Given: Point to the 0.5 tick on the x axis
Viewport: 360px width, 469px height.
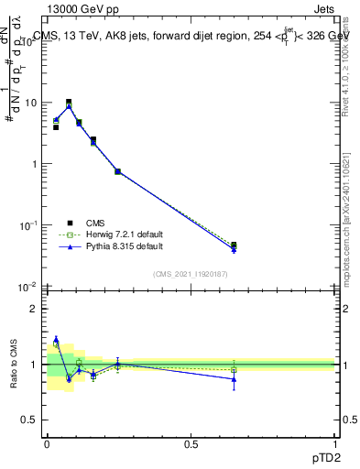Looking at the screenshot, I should [x=191, y=443].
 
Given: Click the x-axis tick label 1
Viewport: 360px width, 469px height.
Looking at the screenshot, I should [x=335, y=443].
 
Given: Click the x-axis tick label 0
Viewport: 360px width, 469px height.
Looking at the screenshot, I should [x=47, y=443].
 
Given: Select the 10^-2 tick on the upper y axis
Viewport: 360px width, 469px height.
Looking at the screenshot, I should [x=30, y=287].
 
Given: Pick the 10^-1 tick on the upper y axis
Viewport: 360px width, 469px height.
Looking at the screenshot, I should [x=30, y=225].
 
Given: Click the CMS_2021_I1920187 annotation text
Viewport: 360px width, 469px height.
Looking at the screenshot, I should [x=191, y=273].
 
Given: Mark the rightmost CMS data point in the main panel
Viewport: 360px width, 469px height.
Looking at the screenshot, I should [x=234, y=245].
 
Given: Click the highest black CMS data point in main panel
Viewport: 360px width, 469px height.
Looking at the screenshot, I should [x=69, y=103].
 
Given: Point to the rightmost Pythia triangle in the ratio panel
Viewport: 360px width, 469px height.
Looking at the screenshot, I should [x=234, y=378].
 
